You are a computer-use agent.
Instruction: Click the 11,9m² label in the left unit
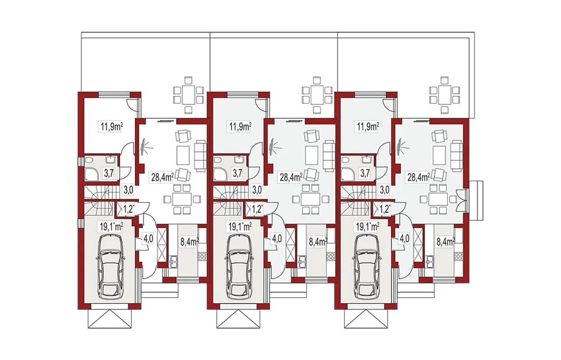click(111, 127)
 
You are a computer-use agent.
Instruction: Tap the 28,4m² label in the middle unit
click(291, 177)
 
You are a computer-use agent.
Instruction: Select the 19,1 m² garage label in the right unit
click(367, 227)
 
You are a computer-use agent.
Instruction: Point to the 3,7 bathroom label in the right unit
click(365, 173)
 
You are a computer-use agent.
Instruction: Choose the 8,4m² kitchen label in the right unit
click(446, 242)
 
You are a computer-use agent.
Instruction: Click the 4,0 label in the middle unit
click(277, 238)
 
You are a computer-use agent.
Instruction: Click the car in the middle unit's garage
click(239, 267)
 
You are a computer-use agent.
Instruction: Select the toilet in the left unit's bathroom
click(89, 159)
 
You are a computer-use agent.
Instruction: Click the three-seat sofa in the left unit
click(200, 156)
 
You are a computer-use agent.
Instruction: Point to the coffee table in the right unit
click(439, 155)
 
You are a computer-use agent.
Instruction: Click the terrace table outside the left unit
click(188, 95)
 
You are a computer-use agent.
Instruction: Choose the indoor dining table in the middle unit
click(310, 200)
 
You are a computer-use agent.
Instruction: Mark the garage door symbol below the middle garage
click(238, 319)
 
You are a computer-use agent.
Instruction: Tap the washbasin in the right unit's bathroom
click(367, 159)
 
